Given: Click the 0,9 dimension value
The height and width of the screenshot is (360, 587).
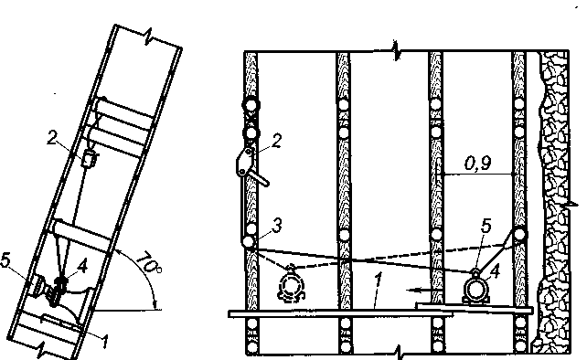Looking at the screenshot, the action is click(x=478, y=164).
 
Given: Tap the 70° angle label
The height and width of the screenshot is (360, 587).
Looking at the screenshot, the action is click(x=149, y=264).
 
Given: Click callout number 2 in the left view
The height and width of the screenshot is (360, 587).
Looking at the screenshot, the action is click(x=53, y=138).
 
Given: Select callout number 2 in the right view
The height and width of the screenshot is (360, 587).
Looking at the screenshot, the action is click(x=276, y=142).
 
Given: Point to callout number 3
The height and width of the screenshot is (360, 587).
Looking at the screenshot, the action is click(x=276, y=226).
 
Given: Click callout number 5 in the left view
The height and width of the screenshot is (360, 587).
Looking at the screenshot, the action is click(x=5, y=260).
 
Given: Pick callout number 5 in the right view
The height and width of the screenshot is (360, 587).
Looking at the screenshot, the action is click(x=486, y=226).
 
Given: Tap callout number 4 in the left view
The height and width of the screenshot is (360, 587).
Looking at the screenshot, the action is click(x=81, y=267).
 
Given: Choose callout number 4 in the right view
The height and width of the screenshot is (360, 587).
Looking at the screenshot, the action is click(x=495, y=271).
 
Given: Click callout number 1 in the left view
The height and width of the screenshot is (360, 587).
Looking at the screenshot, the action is click(x=105, y=342).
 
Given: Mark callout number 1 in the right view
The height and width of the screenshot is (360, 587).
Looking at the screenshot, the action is click(x=379, y=281).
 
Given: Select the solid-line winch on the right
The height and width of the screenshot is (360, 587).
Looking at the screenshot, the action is click(x=475, y=288).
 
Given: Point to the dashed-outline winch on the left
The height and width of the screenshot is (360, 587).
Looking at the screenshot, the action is click(x=291, y=284).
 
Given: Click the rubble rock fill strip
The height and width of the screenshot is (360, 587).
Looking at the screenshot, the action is click(x=553, y=202).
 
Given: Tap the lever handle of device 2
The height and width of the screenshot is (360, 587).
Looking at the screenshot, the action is click(x=260, y=178).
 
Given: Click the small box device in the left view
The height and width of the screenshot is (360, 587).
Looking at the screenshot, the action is click(x=89, y=159).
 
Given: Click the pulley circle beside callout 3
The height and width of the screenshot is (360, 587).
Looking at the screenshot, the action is click(x=248, y=241).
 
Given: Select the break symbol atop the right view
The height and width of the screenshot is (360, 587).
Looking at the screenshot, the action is click(x=395, y=50).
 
